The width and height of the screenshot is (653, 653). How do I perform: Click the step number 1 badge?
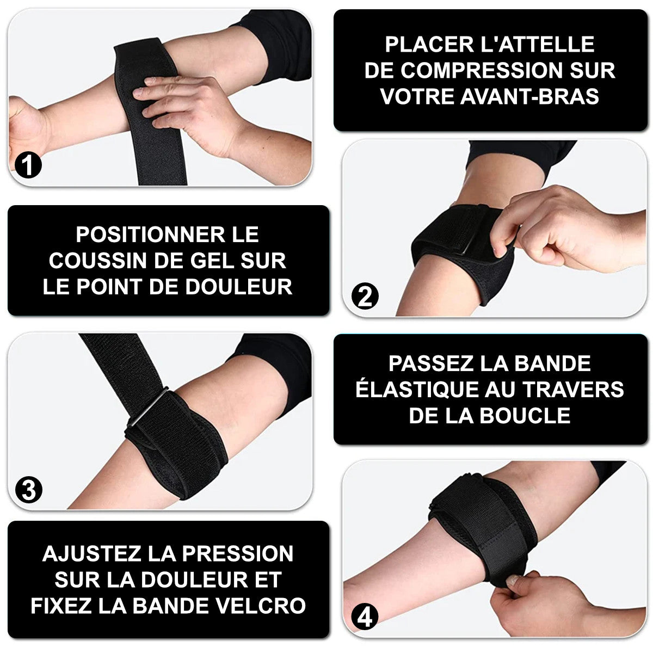(28, 165)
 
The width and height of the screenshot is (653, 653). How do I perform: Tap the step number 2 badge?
(365, 297)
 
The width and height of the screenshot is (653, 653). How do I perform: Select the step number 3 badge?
(29, 489)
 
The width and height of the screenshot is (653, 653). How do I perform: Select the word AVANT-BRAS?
(529, 96)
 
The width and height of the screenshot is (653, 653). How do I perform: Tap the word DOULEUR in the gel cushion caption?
(238, 286)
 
